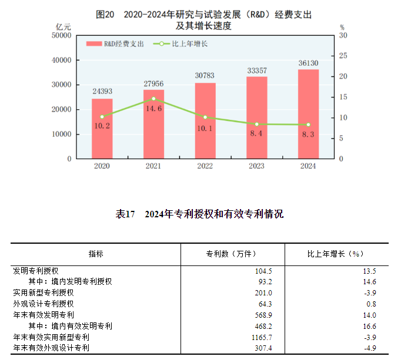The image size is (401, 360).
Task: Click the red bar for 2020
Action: pyautogui.click(x=102, y=129)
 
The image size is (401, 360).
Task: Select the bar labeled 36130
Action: pyautogui.click(x=308, y=114)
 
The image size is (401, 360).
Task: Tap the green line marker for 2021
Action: pyautogui.click(x=153, y=99)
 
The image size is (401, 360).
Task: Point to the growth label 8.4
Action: pyautogui.click(x=256, y=134)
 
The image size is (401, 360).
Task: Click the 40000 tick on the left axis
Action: pyautogui.click(x=61, y=60)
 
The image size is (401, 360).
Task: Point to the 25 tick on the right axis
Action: pyautogui.click(x=343, y=56)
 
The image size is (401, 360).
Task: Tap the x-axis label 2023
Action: pyautogui.click(x=256, y=167)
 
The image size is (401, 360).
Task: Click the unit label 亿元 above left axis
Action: pyautogui.click(x=63, y=28)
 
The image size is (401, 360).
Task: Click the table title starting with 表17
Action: pyautogui.click(x=200, y=214)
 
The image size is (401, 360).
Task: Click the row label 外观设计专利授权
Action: pyautogui.click(x=43, y=304)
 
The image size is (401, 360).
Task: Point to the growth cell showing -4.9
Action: pyautogui.click(x=368, y=348)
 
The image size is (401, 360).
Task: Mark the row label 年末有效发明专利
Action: pyautogui.click(x=43, y=315)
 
